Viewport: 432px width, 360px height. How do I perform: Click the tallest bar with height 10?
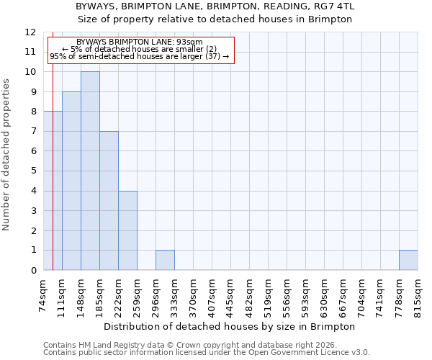click(x=90, y=171)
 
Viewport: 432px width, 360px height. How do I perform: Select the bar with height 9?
click(x=71, y=181)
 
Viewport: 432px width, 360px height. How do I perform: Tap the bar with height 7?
click(x=109, y=200)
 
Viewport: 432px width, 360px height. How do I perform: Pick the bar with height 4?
click(x=127, y=230)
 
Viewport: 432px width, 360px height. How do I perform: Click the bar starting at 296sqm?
click(x=165, y=260)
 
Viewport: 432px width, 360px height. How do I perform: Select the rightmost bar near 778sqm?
click(x=408, y=260)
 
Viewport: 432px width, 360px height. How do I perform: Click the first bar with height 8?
click(x=53, y=191)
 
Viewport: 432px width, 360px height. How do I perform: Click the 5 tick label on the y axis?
click(x=33, y=171)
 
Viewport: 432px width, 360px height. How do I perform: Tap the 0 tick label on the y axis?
click(x=33, y=271)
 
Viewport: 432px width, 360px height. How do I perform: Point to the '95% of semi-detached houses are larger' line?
click(x=140, y=56)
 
